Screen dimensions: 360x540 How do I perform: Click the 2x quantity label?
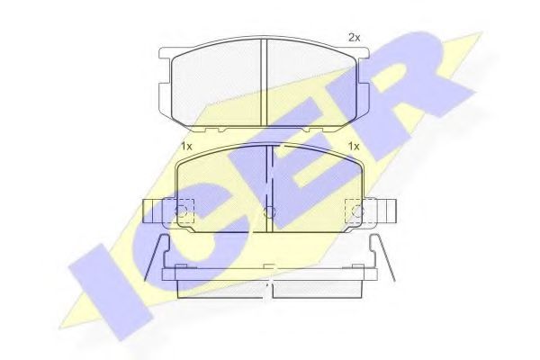click(x=354, y=38)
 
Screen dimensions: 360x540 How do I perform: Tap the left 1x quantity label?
click(x=185, y=146)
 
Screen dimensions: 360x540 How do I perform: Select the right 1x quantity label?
click(x=354, y=146)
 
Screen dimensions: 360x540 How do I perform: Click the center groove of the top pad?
click(x=263, y=81)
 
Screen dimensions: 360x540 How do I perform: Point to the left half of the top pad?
click(x=216, y=83)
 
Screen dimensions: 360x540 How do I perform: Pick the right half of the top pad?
click(x=310, y=83)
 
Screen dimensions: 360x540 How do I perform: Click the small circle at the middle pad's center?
click(x=269, y=212)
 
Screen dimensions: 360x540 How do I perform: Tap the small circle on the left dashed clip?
click(x=182, y=212)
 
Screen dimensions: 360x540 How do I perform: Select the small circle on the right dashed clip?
click(x=358, y=212)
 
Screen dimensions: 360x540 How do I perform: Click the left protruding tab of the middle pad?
click(x=155, y=211)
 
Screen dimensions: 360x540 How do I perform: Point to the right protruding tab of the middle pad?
click(x=384, y=211)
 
